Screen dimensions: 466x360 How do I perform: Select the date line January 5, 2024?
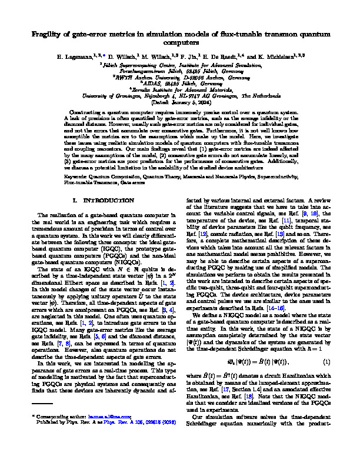[x=180, y=102]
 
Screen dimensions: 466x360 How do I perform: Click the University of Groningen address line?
[x=180, y=96]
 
